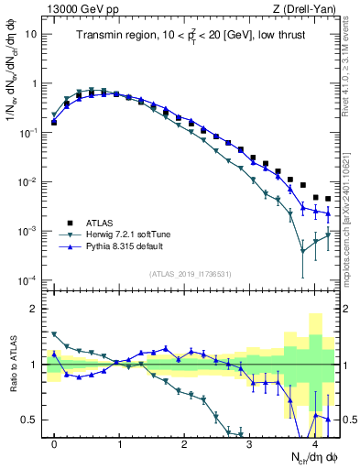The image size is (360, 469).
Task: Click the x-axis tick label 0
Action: point(54,443)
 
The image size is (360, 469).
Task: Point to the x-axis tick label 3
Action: point(250,443)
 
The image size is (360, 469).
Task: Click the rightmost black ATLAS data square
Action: point(328,199)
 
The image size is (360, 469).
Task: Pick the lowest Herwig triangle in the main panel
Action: point(303,250)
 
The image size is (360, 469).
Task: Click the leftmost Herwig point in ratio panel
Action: point(54,334)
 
